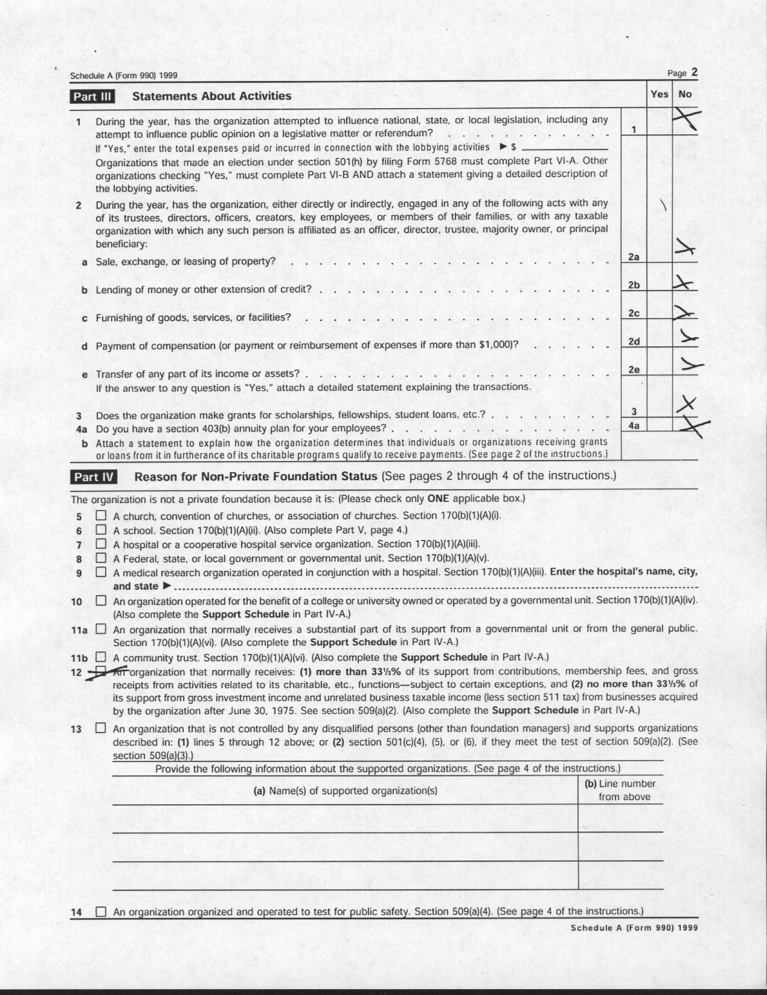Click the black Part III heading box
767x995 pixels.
tap(92, 96)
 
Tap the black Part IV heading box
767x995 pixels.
tap(93, 477)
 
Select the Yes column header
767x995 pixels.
tap(659, 94)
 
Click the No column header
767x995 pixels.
tap(685, 94)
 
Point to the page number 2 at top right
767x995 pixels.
tap(694, 72)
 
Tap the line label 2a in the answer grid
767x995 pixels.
tap(634, 257)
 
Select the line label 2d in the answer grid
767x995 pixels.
tap(634, 341)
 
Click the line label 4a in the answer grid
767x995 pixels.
tap(634, 426)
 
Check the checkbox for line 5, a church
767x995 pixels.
tap(101, 516)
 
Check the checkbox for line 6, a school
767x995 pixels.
tap(101, 530)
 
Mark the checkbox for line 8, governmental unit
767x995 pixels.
tap(101, 558)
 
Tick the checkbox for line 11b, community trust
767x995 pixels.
tap(101, 657)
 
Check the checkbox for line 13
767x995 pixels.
tap(101, 727)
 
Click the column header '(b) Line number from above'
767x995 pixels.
tap(620, 790)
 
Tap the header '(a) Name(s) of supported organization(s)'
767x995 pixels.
tap(345, 790)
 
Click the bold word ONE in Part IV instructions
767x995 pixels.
tap(438, 498)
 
